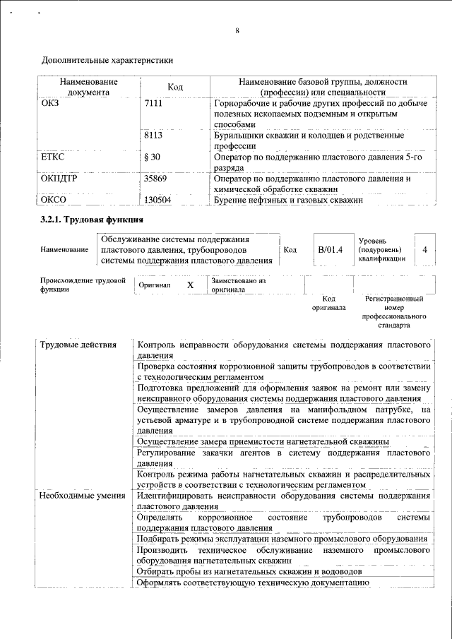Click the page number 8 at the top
(x=237, y=30)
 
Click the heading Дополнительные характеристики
(x=106, y=61)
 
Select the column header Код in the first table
(x=175, y=87)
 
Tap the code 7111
(x=153, y=104)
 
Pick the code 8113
(x=153, y=134)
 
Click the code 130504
(x=157, y=201)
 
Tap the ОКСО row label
(x=55, y=201)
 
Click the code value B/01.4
(x=330, y=249)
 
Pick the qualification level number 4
(x=424, y=250)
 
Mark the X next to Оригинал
(x=190, y=285)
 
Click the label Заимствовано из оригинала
(x=237, y=285)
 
